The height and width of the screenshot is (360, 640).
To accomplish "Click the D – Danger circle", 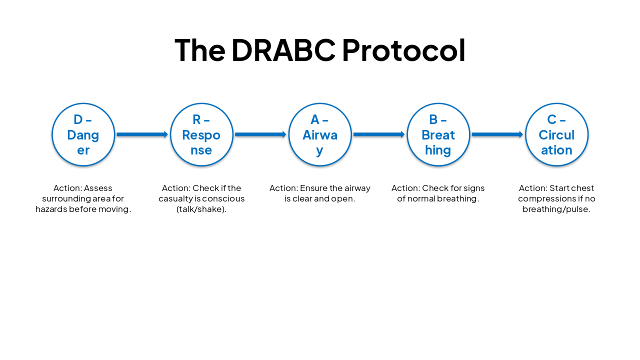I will click(83, 134).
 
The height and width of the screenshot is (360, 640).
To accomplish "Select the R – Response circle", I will click(201, 134).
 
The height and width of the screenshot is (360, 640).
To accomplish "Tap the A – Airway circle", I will click(320, 134).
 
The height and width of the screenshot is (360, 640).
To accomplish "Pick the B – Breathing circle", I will click(438, 134).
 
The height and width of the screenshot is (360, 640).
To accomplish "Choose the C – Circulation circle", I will click(556, 134).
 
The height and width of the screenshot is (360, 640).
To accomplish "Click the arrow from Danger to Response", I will click(142, 134).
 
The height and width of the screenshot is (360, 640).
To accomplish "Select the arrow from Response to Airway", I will click(260, 134).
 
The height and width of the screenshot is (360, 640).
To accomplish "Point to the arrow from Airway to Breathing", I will click(379, 134).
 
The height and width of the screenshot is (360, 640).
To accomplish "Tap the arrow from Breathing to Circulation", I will click(497, 134).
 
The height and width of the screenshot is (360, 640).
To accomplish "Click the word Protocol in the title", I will click(403, 50).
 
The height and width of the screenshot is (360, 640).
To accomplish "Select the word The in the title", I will click(199, 50).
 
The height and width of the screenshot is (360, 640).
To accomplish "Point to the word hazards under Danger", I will click(51, 209).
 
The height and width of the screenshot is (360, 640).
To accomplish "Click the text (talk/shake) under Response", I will click(201, 209).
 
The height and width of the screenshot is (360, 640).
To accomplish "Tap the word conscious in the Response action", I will click(223, 198).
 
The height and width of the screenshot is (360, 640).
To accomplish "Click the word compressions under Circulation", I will click(547, 198).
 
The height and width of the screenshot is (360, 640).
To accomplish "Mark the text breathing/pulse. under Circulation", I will click(556, 209).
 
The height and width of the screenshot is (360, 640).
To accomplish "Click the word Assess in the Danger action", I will click(98, 188).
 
